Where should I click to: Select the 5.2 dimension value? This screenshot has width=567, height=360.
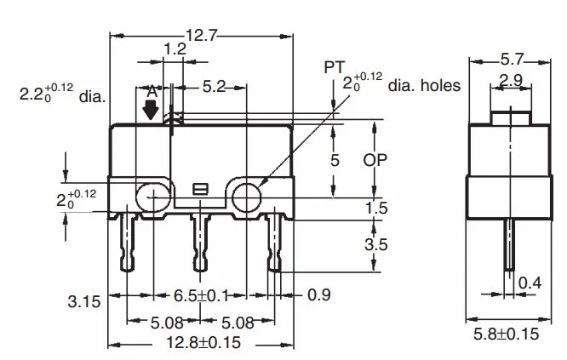[213, 86]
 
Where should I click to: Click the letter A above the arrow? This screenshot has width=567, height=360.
[152, 91]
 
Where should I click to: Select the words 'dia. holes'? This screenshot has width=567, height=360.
[424, 85]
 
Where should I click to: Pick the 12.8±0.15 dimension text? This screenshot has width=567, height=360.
[200, 343]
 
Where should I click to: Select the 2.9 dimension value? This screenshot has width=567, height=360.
[511, 79]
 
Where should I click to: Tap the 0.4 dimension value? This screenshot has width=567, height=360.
[530, 283]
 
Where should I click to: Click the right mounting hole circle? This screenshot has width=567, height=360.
[248, 197]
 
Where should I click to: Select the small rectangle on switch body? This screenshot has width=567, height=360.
[201, 188]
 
